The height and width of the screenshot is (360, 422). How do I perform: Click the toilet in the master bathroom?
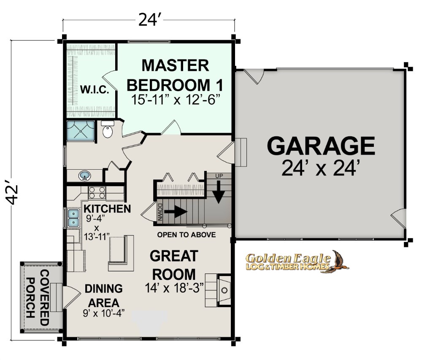pos(107,130)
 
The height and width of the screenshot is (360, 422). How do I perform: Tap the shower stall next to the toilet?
pos(81,131)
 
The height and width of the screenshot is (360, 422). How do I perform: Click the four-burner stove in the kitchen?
pos(97,193)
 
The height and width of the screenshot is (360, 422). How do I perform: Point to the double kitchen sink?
pos(73,218)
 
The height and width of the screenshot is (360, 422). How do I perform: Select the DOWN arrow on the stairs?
pos(176,211)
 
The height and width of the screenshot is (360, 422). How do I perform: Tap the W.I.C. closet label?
pos(95,89)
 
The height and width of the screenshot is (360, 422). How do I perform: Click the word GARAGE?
pos(321,146)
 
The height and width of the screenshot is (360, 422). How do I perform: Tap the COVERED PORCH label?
pos(38,298)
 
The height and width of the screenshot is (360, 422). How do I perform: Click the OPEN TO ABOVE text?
pos(187,235)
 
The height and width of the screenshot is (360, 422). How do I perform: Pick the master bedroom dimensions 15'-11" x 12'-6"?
pos(176,100)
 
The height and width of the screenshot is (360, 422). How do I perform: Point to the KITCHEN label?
pos(107,208)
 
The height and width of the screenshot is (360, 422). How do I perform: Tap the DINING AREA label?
pos(104,295)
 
